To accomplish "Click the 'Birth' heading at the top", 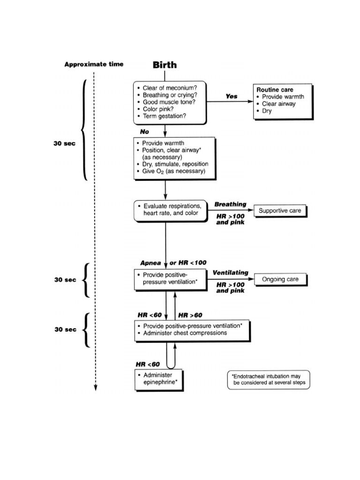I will (165, 65).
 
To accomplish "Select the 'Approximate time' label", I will (94, 64).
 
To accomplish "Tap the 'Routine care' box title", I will (274, 89).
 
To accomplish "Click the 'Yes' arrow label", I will (232, 96).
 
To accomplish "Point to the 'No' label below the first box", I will (144, 132).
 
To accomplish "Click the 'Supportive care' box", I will (280, 211).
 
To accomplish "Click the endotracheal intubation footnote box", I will (269, 379).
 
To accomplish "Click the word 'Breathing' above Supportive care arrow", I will (230, 204).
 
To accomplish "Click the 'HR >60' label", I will (190, 315).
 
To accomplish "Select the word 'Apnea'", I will (150, 263).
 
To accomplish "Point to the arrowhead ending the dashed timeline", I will (95, 387).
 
